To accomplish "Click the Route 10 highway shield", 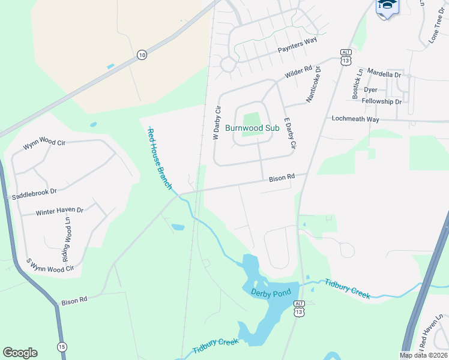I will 141,55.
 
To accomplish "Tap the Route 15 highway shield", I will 62,347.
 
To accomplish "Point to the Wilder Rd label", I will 298,72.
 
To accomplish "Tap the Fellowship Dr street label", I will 382,102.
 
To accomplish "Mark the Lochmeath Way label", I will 355,119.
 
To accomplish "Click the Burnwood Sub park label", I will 252,128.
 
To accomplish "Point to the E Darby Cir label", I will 290,133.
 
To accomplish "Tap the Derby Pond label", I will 271,292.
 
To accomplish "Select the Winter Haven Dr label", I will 59,211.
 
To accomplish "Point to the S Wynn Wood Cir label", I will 49,265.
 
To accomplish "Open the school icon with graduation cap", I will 387,6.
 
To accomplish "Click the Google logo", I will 20,353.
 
